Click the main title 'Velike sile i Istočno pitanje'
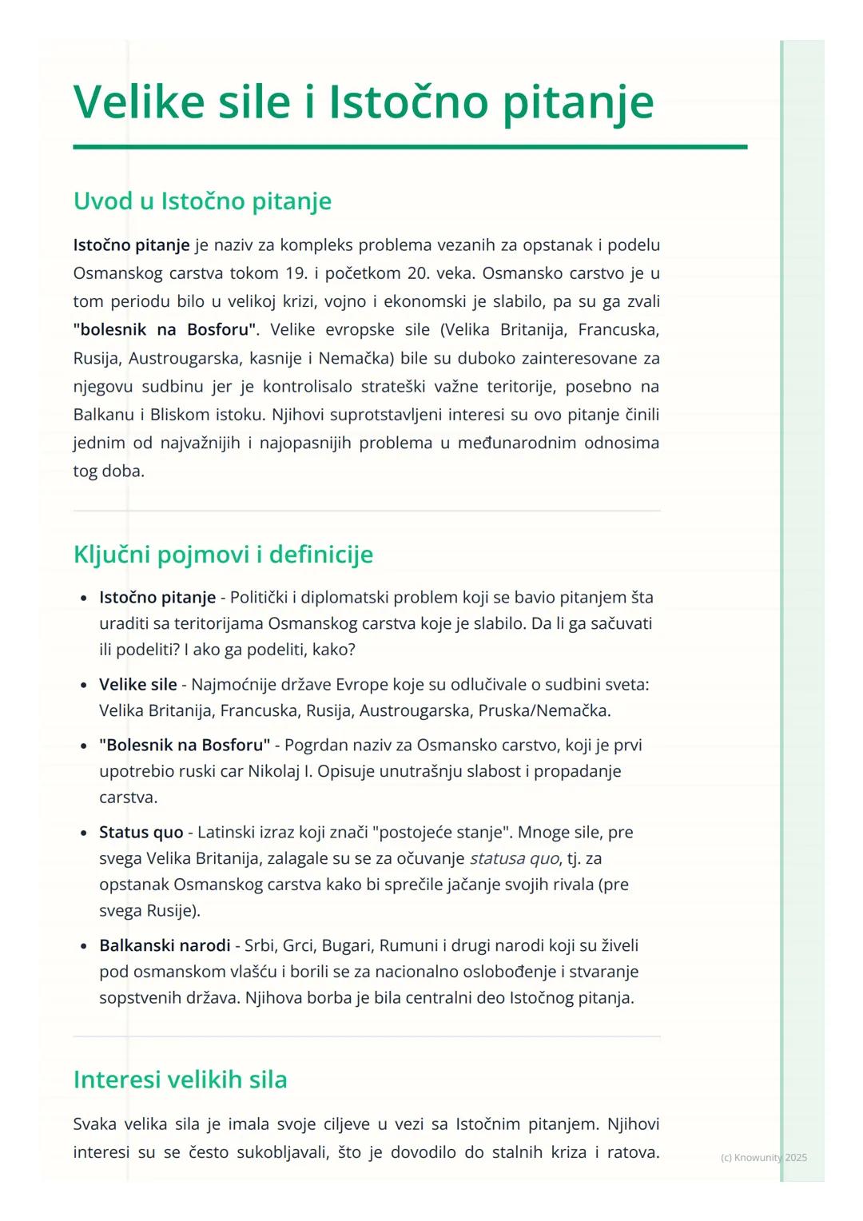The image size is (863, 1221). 364,102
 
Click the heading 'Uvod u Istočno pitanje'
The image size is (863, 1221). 202,201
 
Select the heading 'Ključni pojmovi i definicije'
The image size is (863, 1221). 223,554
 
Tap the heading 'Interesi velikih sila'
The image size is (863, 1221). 180,1080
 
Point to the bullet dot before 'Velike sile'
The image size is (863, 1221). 84,686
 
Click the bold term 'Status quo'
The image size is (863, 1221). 141,833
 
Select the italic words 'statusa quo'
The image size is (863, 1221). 514,859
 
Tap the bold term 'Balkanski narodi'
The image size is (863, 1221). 165,946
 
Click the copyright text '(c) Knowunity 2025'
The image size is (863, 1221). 763,1158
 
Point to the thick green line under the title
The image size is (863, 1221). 410,147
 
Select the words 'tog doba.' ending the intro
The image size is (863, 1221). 109,471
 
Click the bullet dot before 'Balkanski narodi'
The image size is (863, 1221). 84,947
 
